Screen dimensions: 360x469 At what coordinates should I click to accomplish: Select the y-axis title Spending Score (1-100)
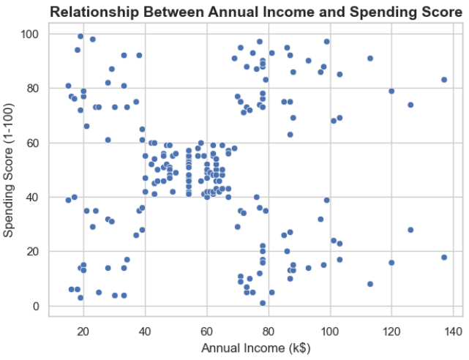(x=11, y=170)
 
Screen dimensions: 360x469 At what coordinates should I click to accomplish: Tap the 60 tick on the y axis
(x=35, y=143)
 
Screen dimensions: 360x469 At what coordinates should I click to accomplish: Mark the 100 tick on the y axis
(x=32, y=34)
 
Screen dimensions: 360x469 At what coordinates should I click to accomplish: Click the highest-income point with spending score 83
(x=444, y=80)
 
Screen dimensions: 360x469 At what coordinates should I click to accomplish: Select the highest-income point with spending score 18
(x=444, y=257)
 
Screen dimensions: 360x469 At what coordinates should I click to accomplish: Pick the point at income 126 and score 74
(x=410, y=105)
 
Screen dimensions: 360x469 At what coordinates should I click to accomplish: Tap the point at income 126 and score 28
(x=410, y=230)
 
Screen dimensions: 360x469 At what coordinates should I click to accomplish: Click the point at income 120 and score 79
(x=391, y=91)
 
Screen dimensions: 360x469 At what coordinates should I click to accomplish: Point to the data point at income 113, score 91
(x=370, y=59)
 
